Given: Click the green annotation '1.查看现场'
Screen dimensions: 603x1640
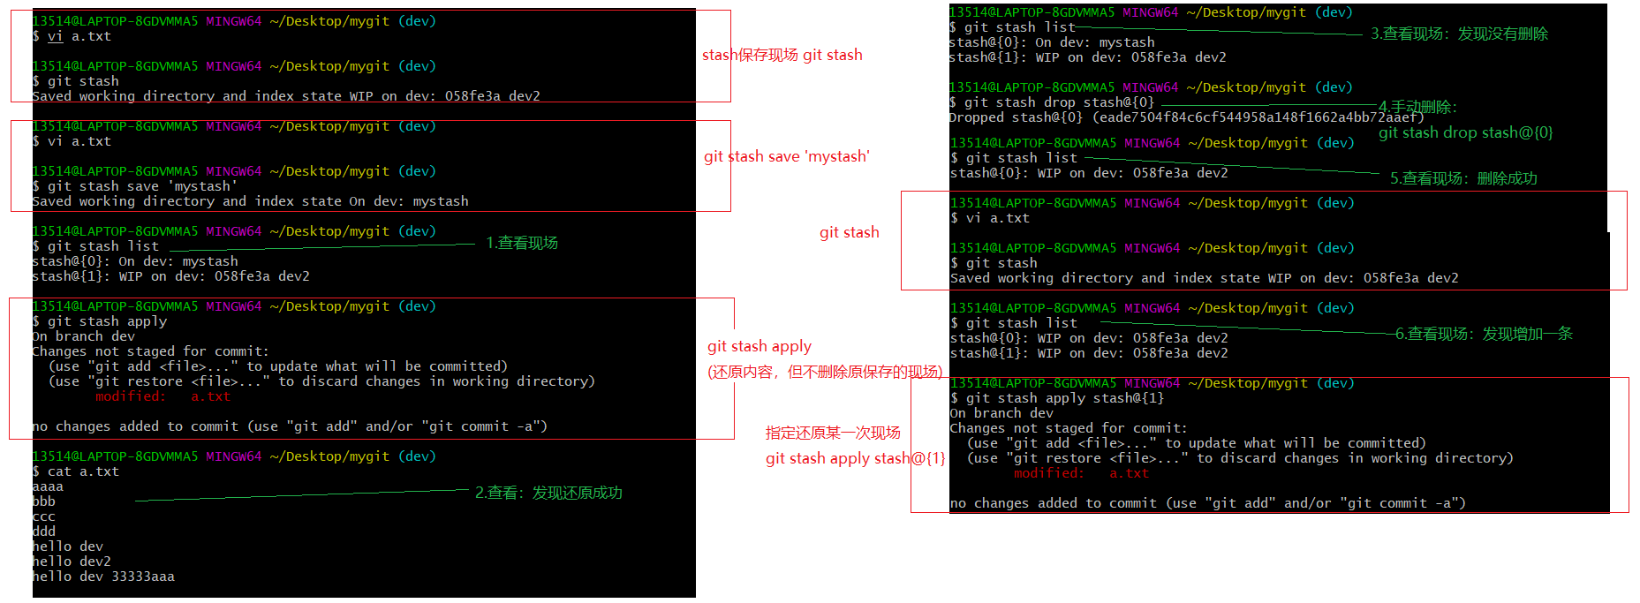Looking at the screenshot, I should (x=522, y=243).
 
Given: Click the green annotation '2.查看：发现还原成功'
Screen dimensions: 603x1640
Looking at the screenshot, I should (x=548, y=493).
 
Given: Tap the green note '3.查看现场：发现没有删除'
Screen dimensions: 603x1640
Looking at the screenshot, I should (x=1459, y=34).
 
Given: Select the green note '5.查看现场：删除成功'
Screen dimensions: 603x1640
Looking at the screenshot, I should (x=1463, y=178).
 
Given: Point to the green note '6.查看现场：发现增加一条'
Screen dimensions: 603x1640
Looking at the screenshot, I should (x=1484, y=334).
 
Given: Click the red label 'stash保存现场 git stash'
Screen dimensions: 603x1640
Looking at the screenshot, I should (x=782, y=55).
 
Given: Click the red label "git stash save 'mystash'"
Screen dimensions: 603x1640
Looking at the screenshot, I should (x=786, y=156).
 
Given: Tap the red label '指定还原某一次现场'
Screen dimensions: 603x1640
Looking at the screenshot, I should (x=833, y=433).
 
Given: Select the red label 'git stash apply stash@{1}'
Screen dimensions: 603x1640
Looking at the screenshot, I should (x=855, y=458).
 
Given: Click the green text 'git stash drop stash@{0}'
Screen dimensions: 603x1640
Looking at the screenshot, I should (x=1465, y=132).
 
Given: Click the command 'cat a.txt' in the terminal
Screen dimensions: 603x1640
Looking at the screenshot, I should (x=83, y=471).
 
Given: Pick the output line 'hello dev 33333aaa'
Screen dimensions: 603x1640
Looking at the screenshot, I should (x=103, y=577).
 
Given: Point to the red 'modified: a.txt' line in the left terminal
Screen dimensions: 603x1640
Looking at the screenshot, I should (x=162, y=396).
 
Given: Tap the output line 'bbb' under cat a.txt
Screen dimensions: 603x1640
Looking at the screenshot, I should (x=43, y=501).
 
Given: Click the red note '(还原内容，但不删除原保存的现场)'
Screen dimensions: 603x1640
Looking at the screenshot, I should (x=825, y=372).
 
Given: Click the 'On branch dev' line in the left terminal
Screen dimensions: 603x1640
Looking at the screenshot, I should (x=84, y=336).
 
